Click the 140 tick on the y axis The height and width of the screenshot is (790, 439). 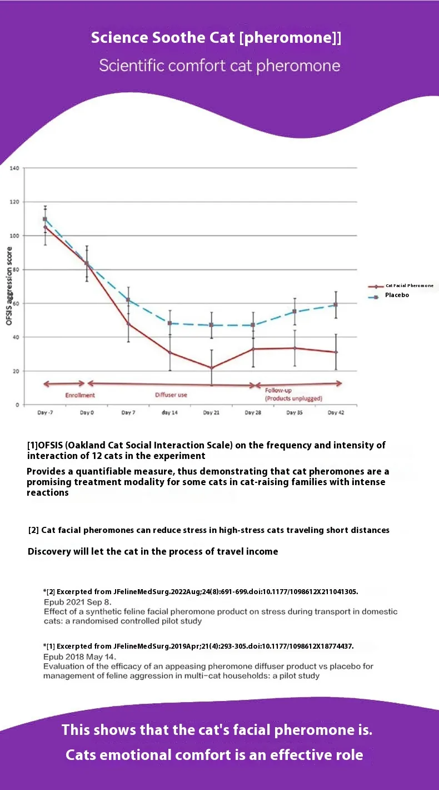pyautogui.click(x=14, y=168)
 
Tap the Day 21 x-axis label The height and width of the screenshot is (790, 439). pyautogui.click(x=211, y=413)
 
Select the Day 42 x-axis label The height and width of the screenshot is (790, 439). pyautogui.click(x=336, y=413)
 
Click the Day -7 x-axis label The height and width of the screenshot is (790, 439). pyautogui.click(x=45, y=413)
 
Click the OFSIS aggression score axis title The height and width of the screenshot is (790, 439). pyautogui.click(x=9, y=287)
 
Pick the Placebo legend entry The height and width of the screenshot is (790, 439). pyautogui.click(x=397, y=295)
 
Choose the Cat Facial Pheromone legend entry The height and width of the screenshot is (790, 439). pyautogui.click(x=409, y=285)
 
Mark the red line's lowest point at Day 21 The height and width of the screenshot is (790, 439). pyautogui.click(x=211, y=368)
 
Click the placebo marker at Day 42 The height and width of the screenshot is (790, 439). pyautogui.click(x=336, y=305)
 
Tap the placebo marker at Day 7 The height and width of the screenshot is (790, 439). pyautogui.click(x=128, y=300)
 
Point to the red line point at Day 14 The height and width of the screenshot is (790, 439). pyautogui.click(x=170, y=353)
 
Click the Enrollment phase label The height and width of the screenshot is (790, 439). pyautogui.click(x=80, y=395)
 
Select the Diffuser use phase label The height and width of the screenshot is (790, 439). pyautogui.click(x=171, y=395)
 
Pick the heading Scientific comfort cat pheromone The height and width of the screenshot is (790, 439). pyautogui.click(x=219, y=66)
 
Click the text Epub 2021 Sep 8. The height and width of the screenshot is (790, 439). pyautogui.click(x=78, y=602)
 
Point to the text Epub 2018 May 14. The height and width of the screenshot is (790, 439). pyautogui.click(x=79, y=656)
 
